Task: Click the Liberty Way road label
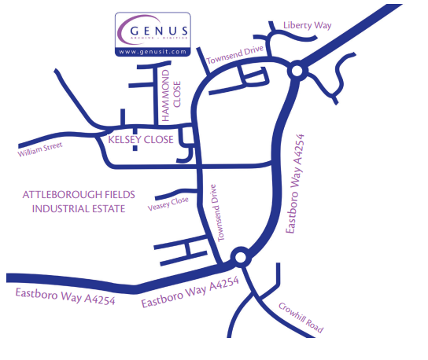coord(308,25)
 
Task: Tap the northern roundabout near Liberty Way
coord(297,71)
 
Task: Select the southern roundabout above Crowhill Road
coord(241,257)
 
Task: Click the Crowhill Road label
coord(301,318)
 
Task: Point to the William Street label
coord(40,149)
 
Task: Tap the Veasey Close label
coord(168,204)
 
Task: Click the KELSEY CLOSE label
coord(141,140)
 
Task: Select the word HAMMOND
coord(166,95)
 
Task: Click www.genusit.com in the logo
coord(153,52)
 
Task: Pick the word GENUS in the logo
coord(159,31)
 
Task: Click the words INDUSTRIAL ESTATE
coord(79,209)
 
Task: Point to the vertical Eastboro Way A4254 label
coord(295,184)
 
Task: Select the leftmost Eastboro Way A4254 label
coord(65,296)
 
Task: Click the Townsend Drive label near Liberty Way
coord(235,54)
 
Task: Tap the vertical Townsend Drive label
coord(216,213)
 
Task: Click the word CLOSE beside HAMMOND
coord(177,94)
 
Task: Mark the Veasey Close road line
coord(176,193)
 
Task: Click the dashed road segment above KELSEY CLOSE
coord(135,139)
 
